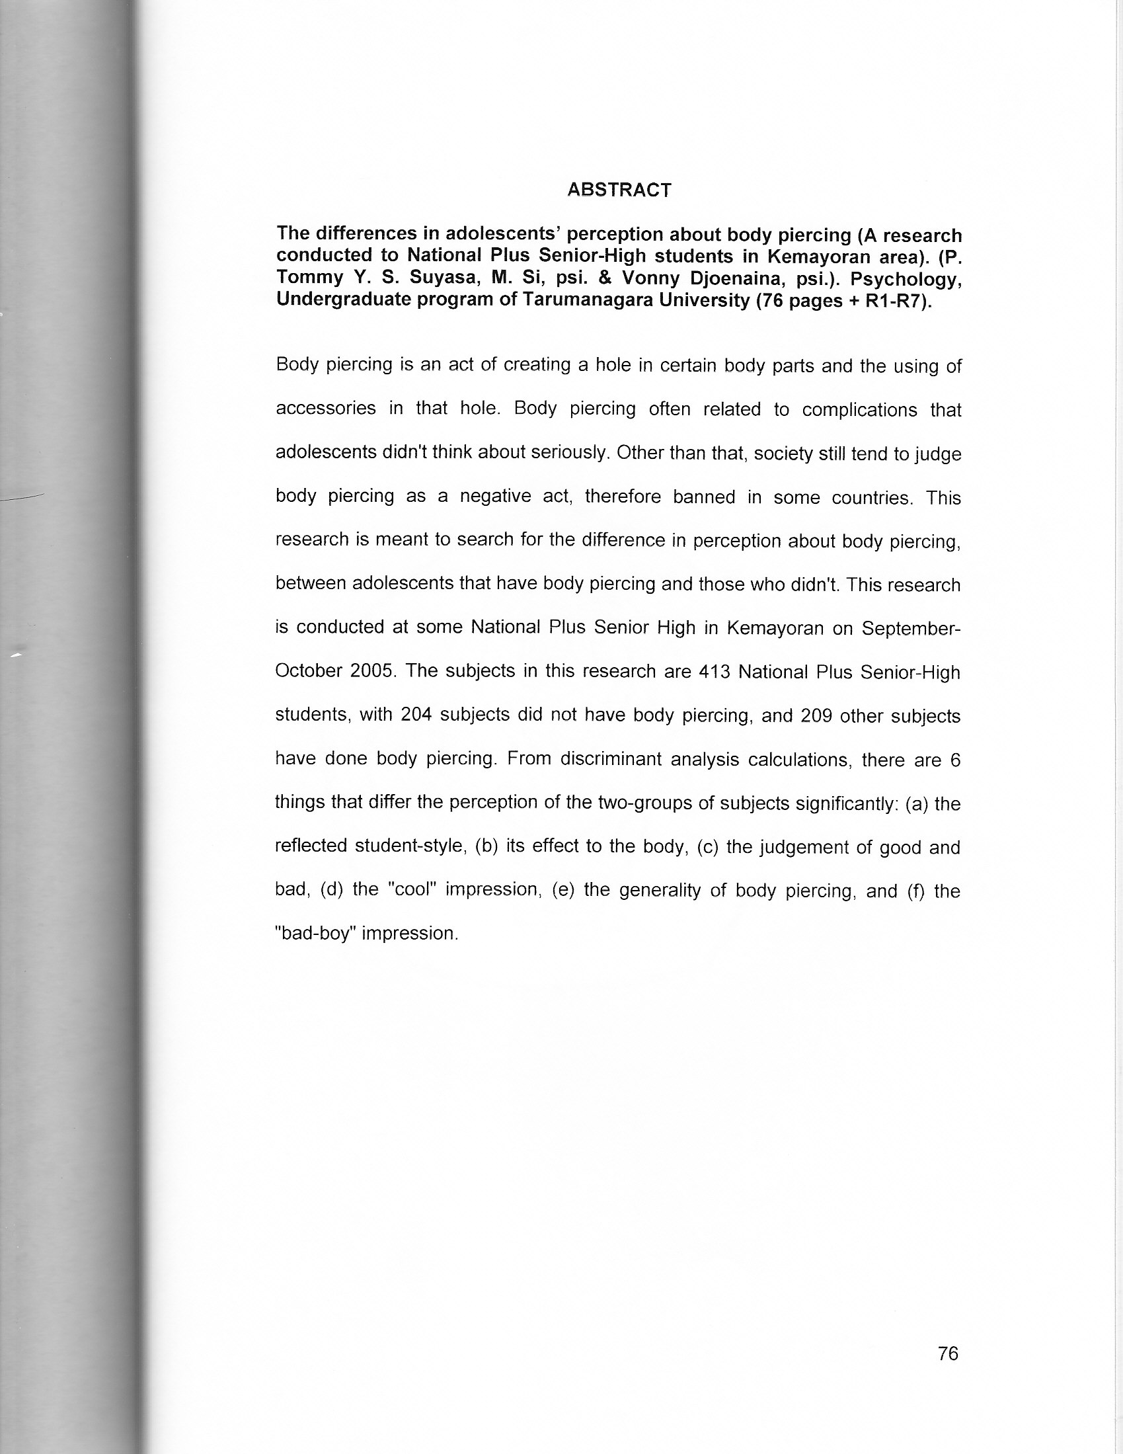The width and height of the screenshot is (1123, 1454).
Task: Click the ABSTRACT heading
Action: [x=619, y=190]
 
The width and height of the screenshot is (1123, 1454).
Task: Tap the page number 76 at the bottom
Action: [x=947, y=1297]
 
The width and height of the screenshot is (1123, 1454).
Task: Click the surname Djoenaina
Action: [x=726, y=279]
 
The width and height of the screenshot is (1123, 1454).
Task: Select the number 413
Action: [x=715, y=672]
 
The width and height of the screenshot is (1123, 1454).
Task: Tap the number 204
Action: [x=416, y=715]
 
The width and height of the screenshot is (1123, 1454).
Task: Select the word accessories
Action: [x=325, y=408]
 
